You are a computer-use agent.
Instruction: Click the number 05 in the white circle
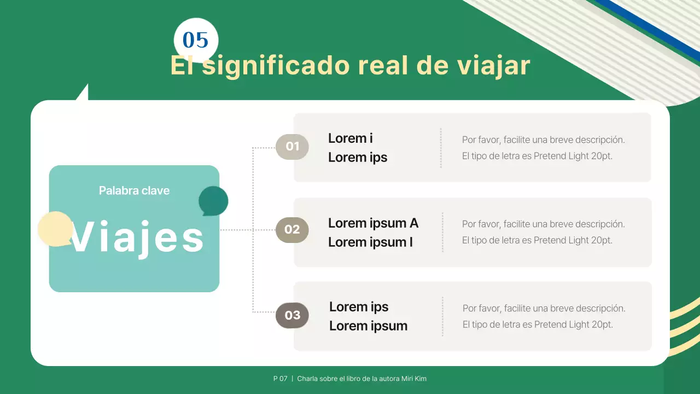(x=196, y=40)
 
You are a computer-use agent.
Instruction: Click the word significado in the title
(x=276, y=66)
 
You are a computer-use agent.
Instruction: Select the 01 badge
(x=292, y=147)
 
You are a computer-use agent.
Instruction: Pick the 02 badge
(x=292, y=230)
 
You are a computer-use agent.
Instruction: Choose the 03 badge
(x=292, y=315)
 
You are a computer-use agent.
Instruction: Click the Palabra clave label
(x=134, y=191)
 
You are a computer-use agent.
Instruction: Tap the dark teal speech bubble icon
(x=213, y=201)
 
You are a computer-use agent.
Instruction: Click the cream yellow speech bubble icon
(x=55, y=229)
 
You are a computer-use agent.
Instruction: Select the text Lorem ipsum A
(x=373, y=223)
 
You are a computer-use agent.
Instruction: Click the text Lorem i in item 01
(x=350, y=138)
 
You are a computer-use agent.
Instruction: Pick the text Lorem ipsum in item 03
(x=368, y=326)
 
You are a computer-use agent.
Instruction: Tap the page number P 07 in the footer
(x=280, y=379)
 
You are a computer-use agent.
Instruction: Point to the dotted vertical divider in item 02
(x=442, y=232)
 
